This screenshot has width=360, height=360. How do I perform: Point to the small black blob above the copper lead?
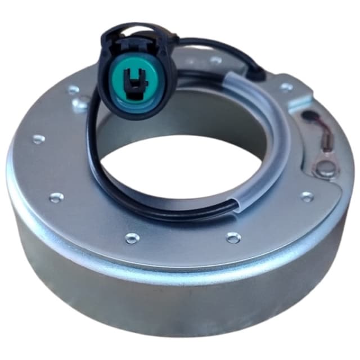[x=308, y=117]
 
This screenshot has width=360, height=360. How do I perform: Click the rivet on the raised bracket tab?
[x=287, y=87]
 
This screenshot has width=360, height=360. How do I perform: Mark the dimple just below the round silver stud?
[x=307, y=196]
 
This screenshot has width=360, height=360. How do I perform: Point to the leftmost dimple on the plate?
[x=38, y=139]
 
